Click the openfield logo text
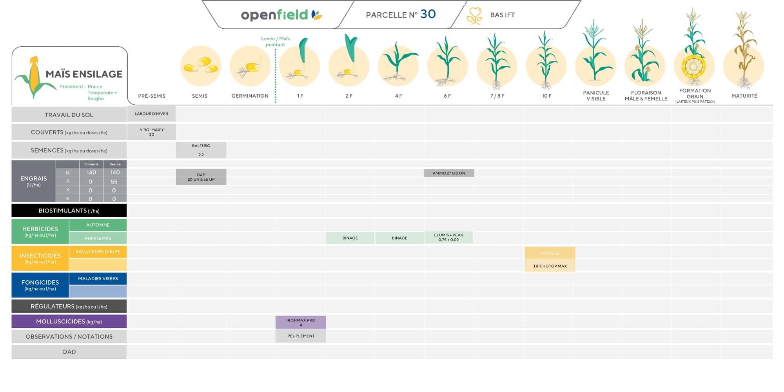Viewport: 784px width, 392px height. tap(275, 15)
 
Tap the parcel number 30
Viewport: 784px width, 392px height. tap(428, 14)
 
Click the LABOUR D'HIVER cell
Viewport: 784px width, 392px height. tap(151, 114)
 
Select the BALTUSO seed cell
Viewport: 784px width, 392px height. tap(201, 150)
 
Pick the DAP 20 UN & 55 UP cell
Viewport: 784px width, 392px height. tap(201, 177)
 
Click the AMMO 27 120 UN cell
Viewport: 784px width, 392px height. tap(449, 173)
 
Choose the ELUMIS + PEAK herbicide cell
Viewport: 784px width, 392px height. tap(448, 238)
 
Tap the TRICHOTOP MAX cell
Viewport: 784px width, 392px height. tap(550, 266)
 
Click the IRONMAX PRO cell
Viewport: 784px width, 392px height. tap(301, 323)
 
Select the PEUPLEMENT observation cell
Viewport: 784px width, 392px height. tap(301, 336)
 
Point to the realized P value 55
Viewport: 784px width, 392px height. tap(114, 182)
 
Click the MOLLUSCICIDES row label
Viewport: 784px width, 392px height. tap(69, 321)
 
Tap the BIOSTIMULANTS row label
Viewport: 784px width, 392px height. tap(69, 211)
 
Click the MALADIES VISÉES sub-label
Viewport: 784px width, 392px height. tap(98, 279)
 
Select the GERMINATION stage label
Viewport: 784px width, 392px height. tap(250, 96)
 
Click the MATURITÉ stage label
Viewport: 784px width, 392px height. tap(744, 96)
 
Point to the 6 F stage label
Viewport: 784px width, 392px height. tap(447, 96)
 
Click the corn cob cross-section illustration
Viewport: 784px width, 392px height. tap(693, 66)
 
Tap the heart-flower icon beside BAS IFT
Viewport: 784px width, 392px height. tap(474, 16)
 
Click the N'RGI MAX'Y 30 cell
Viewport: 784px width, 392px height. tap(151, 132)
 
